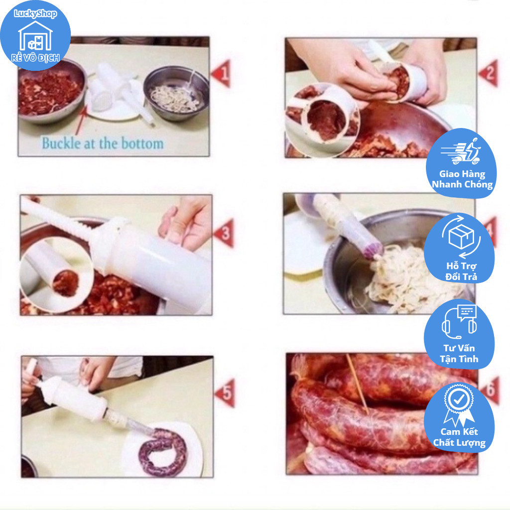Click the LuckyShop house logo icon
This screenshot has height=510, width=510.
35,36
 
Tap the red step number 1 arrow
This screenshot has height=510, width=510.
222,74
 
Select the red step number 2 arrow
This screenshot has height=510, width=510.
489,73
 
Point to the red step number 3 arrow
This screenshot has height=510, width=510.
224,233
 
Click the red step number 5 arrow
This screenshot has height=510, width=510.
226,393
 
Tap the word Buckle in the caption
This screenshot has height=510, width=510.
61,143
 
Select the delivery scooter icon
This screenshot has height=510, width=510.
461,151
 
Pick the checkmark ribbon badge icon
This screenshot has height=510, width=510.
458,405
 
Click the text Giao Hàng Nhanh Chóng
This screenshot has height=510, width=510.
462,179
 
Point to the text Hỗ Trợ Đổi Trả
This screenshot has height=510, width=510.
461,271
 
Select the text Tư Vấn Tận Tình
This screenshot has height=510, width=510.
459,354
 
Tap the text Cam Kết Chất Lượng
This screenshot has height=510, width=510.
459,437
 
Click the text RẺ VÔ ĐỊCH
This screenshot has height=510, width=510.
35,58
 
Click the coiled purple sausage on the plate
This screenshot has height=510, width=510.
163,452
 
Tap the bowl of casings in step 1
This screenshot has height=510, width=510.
176,93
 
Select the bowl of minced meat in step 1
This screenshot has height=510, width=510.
51,92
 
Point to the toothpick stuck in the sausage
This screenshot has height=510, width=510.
357,384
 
